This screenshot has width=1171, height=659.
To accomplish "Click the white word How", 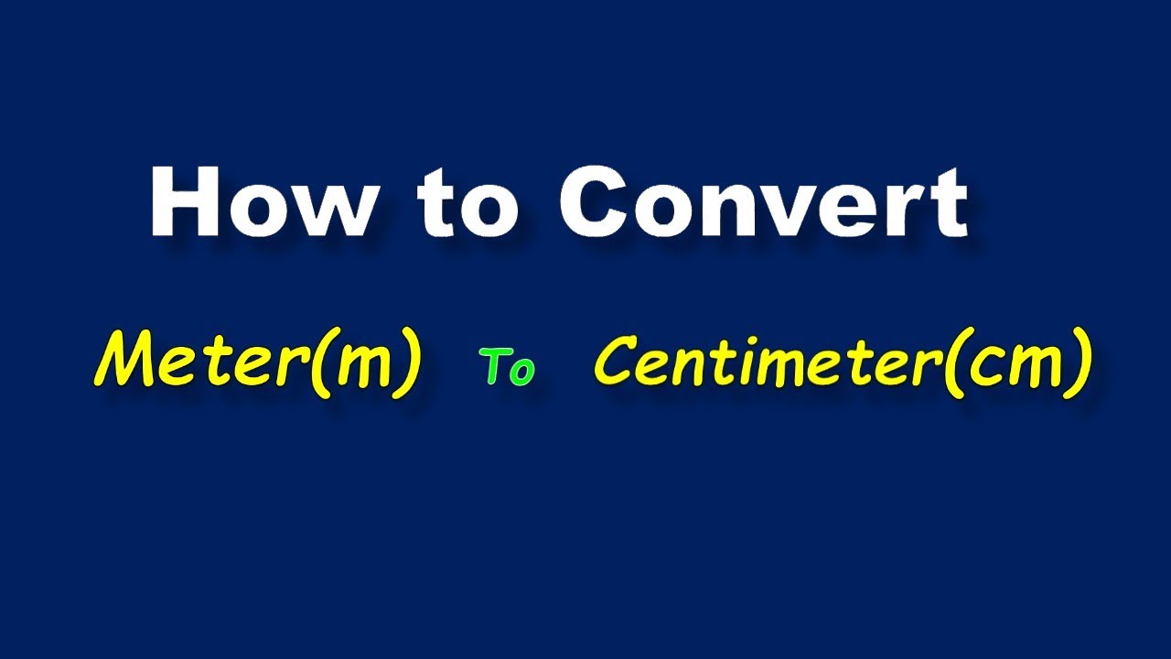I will point(262,203).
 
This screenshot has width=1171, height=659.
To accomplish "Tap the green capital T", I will point(495,367).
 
